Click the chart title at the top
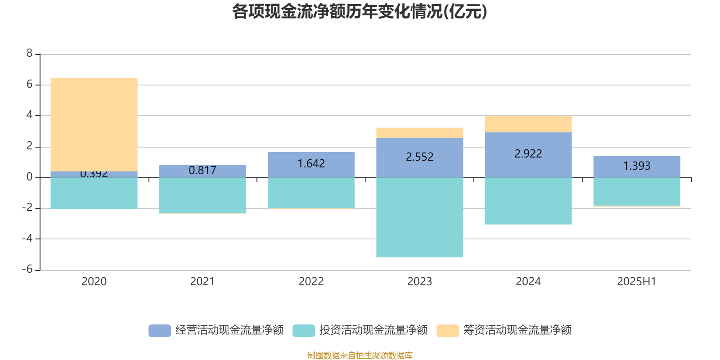point(360,12)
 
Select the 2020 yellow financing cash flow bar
point(94,125)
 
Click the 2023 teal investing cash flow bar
point(419,217)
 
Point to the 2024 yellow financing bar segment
point(528,124)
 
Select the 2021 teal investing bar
point(202,195)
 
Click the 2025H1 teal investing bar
point(636,192)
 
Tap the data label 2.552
point(419,157)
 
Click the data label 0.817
point(202,171)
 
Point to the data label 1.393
point(636,166)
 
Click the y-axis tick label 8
point(30,54)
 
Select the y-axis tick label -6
point(28,270)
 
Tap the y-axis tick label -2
point(28,208)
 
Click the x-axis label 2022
point(311,282)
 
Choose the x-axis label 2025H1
point(636,282)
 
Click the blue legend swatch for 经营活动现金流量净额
point(160,331)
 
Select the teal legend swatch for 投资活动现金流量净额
point(304,331)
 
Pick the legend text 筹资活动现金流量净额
point(517,330)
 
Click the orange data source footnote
point(360,355)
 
